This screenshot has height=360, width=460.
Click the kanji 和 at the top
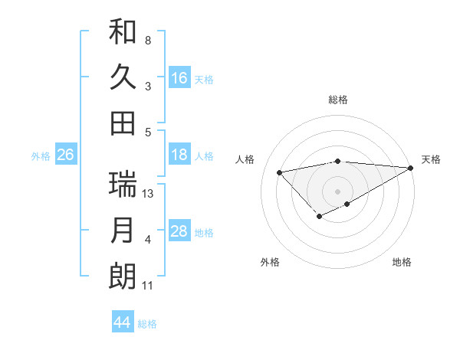(123, 32)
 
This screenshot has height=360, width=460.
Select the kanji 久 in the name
(123, 77)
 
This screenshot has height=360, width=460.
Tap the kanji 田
(123, 123)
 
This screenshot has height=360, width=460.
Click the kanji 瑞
(123, 185)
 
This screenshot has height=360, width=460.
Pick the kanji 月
(123, 231)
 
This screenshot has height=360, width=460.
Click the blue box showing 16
(179, 78)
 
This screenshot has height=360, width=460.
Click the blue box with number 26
(65, 155)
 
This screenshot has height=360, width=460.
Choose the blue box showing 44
(122, 322)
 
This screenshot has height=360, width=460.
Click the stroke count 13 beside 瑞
(149, 194)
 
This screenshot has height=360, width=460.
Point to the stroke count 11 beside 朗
(148, 286)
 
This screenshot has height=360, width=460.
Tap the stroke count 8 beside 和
(147, 40)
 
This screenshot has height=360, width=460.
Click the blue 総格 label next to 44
(147, 324)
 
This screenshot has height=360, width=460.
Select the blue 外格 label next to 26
(41, 156)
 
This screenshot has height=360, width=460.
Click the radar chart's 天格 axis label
(431, 159)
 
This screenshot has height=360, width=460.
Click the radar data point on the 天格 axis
(411, 167)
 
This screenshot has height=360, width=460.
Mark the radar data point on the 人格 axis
(280, 172)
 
